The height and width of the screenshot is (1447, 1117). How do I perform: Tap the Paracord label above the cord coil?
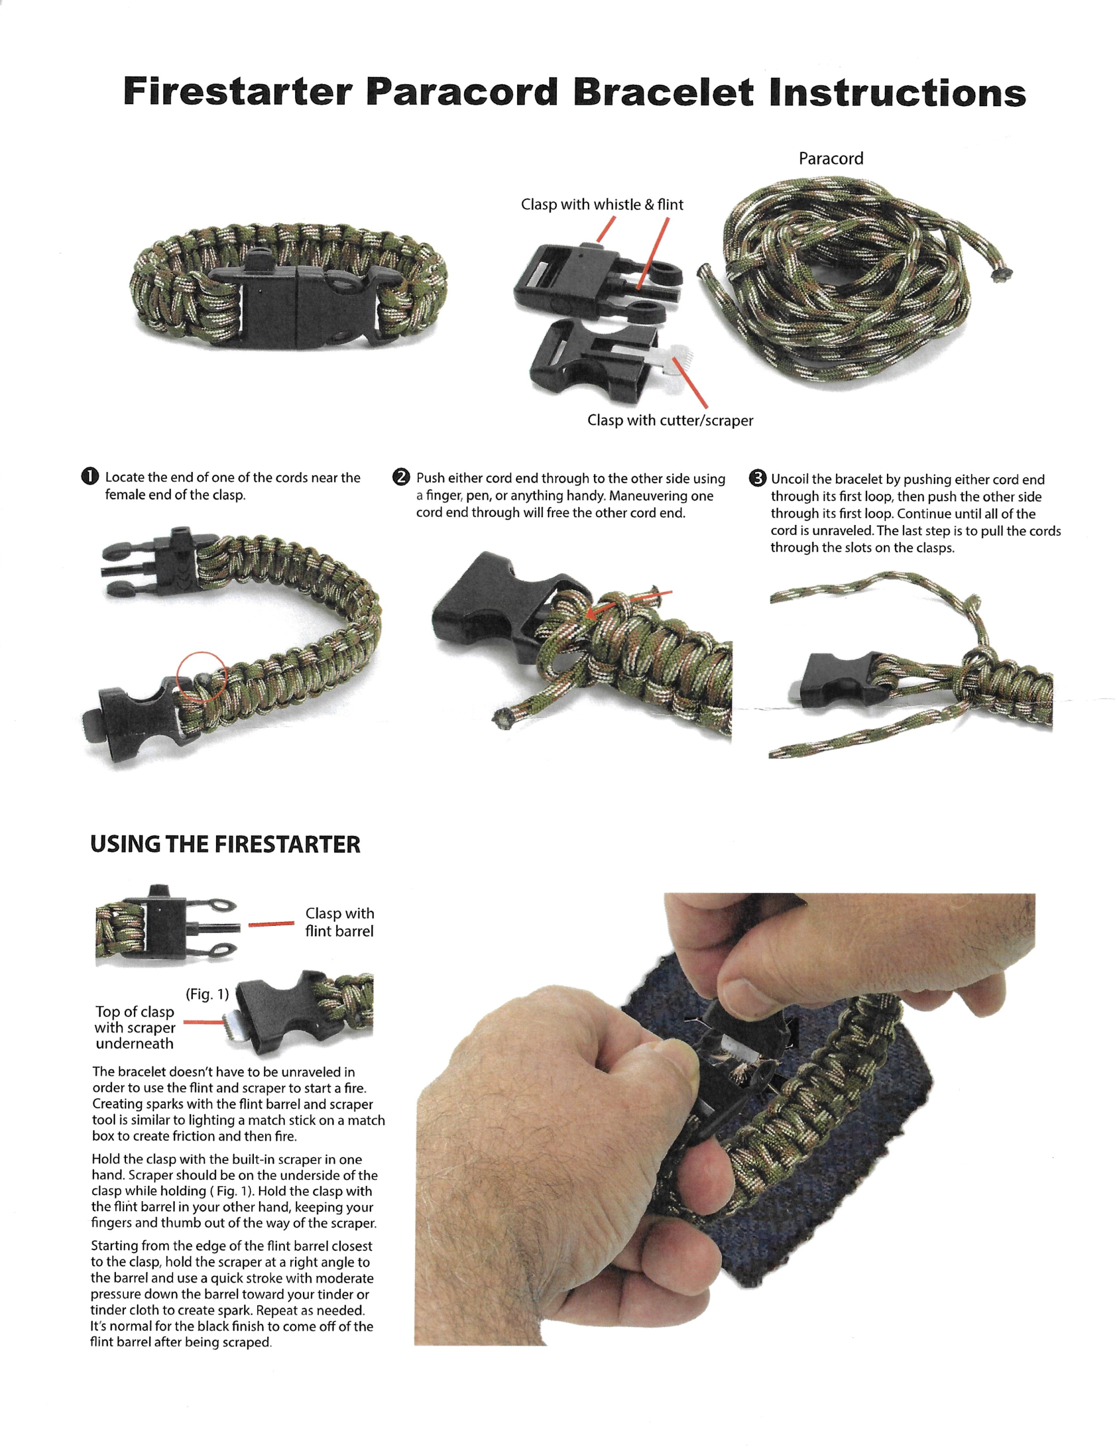[x=831, y=158]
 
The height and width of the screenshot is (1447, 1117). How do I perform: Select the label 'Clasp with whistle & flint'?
[x=601, y=204]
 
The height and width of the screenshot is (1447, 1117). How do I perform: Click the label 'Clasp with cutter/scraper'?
[x=670, y=420]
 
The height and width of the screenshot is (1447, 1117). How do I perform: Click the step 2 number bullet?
[x=401, y=477]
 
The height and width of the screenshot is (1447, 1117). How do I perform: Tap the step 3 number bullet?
[x=757, y=478]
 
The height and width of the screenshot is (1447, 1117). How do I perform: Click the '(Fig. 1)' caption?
[x=207, y=994]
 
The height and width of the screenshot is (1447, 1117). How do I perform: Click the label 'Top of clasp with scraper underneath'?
[x=135, y=1027]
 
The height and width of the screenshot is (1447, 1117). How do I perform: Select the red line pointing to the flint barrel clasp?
[x=272, y=924]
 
